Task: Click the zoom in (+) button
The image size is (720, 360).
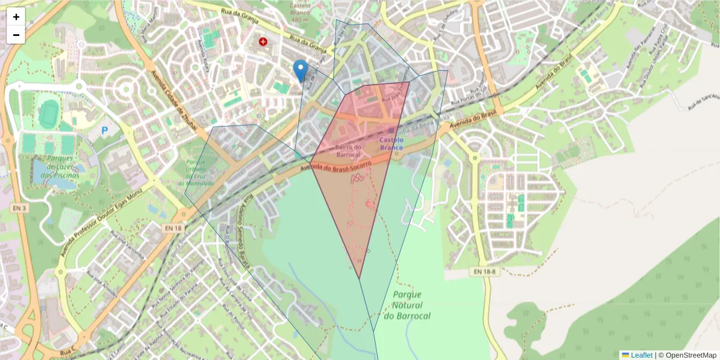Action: click(x=16, y=17)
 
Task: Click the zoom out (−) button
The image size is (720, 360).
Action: click(x=16, y=35)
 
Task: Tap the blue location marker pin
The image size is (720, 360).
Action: click(x=301, y=70)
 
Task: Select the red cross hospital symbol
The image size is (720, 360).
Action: click(x=263, y=41)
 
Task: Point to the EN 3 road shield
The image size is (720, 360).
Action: click(x=19, y=208)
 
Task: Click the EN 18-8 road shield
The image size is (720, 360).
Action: click(x=482, y=272)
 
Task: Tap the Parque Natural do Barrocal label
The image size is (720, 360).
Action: click(x=407, y=305)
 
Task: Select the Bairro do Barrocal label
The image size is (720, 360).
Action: click(x=348, y=151)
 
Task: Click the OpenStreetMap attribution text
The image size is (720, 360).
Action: click(x=691, y=355)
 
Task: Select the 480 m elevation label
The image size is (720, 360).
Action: click(x=299, y=19)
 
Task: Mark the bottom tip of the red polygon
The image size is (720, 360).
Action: click(x=359, y=278)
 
